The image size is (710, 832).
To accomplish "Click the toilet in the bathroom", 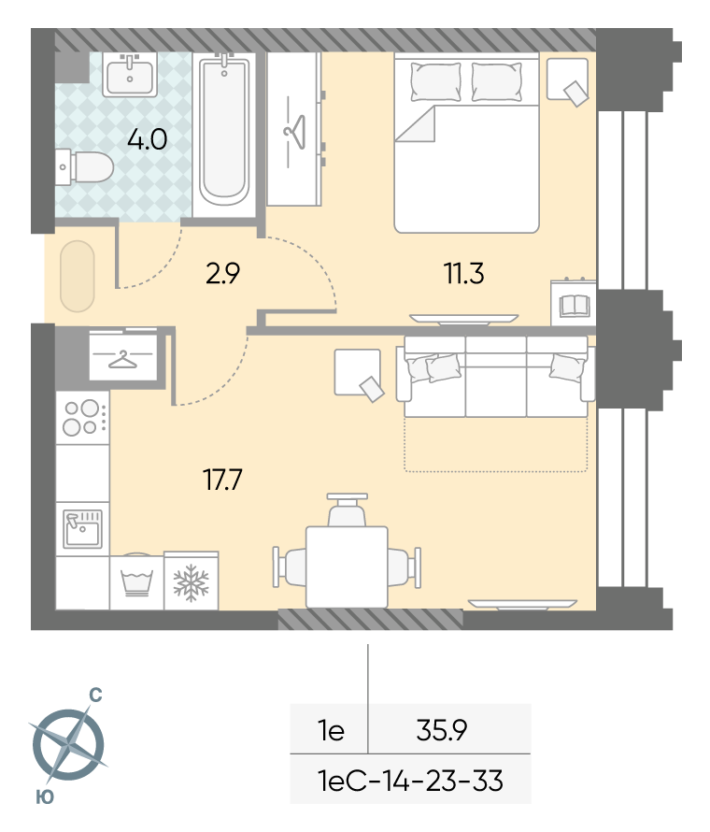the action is coord(85,167).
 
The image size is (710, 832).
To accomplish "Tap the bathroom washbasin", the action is coord(130,76).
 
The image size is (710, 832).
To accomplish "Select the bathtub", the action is coord(224,132).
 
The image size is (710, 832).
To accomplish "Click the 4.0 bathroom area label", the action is coord(148,139).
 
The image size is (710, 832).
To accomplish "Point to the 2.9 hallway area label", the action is coord(222,273).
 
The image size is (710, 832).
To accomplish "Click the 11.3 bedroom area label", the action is coord(463,274).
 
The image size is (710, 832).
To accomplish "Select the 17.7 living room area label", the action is coord(222,480).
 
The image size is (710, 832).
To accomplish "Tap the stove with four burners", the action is coord(83,418).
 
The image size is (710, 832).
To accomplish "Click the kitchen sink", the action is coord(83,528).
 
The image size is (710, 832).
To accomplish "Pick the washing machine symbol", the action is coord(136,581).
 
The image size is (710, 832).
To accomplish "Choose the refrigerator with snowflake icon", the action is coord(192,581).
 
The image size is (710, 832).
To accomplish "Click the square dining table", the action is coord(347,567).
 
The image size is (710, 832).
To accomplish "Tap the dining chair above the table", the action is coord(347,509).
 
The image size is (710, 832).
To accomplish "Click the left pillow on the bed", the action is coord(436,81).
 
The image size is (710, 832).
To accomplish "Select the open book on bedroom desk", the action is coord(575,305).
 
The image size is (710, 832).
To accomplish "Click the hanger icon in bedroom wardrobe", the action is coord(294,132).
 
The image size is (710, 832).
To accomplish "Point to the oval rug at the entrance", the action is coord(78,276).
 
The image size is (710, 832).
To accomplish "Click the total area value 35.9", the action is coord(442,730).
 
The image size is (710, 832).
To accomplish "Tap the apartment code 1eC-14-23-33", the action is coord(410,781).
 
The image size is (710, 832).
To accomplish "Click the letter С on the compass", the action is coord(95,696).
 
